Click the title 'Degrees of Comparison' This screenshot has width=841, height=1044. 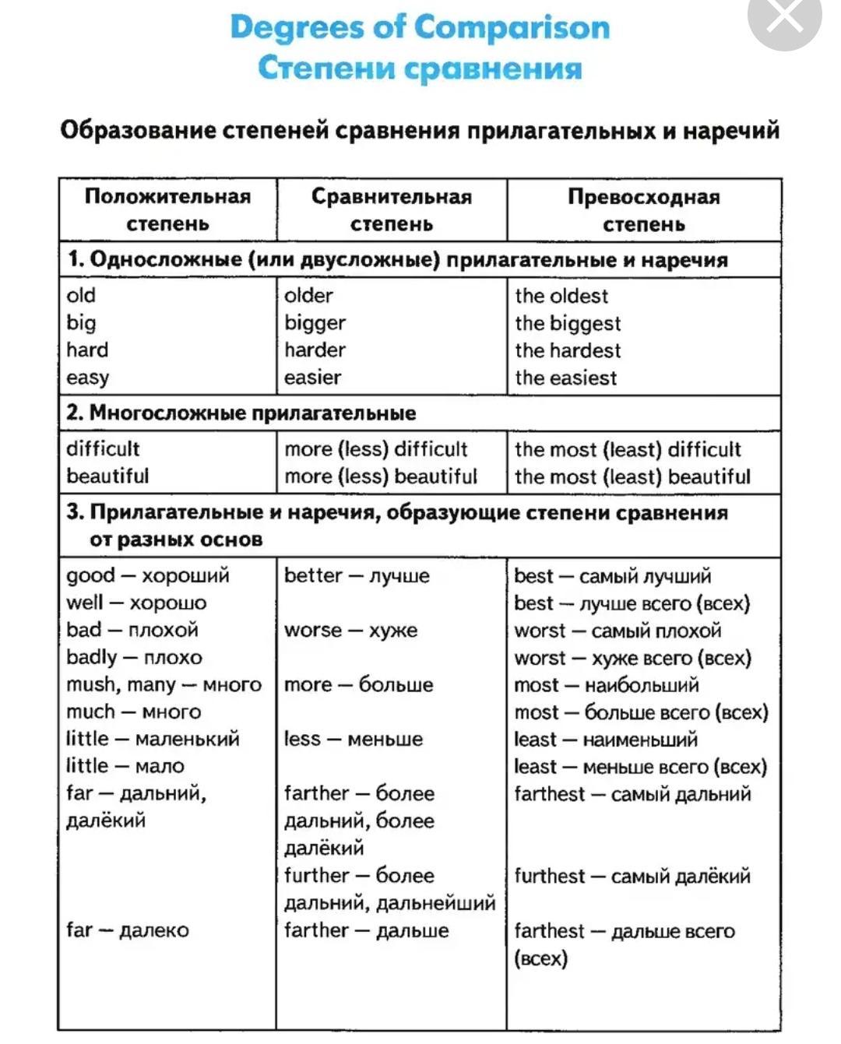[x=420, y=27]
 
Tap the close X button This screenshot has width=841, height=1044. [x=784, y=17]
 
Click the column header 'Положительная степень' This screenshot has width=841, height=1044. [x=167, y=209]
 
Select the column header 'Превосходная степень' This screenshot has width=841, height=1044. [x=643, y=210]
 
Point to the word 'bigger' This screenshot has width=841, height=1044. [x=315, y=323]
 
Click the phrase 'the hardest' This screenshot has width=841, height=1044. [x=568, y=350]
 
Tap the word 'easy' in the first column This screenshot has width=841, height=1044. [x=88, y=378]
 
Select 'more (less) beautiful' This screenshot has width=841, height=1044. [x=380, y=476]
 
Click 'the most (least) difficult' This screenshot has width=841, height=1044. [x=628, y=449]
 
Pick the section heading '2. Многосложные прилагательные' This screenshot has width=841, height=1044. [x=241, y=413]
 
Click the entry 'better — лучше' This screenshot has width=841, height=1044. [x=357, y=576]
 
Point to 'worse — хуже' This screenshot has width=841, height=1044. [x=350, y=631]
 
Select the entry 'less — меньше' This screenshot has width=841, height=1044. [x=353, y=740]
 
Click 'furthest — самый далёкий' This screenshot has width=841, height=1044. [x=632, y=876]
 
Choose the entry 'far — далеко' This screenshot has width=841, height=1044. [x=128, y=930]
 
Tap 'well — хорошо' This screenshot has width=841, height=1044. [x=136, y=603]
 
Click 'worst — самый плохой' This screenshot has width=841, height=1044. [x=618, y=631]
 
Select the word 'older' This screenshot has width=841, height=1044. [x=308, y=296]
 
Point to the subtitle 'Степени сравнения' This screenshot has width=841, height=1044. [x=420, y=68]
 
